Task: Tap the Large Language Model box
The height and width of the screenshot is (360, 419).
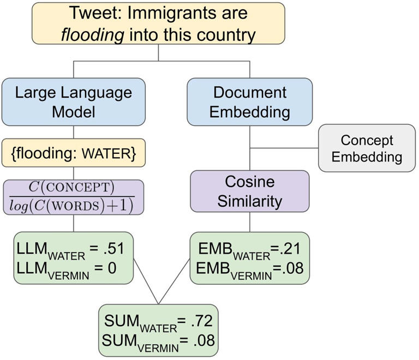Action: [73, 102]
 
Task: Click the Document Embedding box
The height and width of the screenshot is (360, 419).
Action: [249, 102]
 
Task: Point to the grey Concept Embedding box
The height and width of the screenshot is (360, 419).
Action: [366, 148]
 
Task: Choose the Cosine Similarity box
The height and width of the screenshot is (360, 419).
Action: [250, 191]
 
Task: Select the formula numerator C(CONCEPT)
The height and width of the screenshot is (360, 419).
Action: [73, 187]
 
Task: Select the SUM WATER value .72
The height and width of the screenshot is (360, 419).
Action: [202, 321]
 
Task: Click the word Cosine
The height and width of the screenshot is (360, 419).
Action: [250, 181]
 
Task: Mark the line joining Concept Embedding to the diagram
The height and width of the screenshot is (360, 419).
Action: [284, 147]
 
